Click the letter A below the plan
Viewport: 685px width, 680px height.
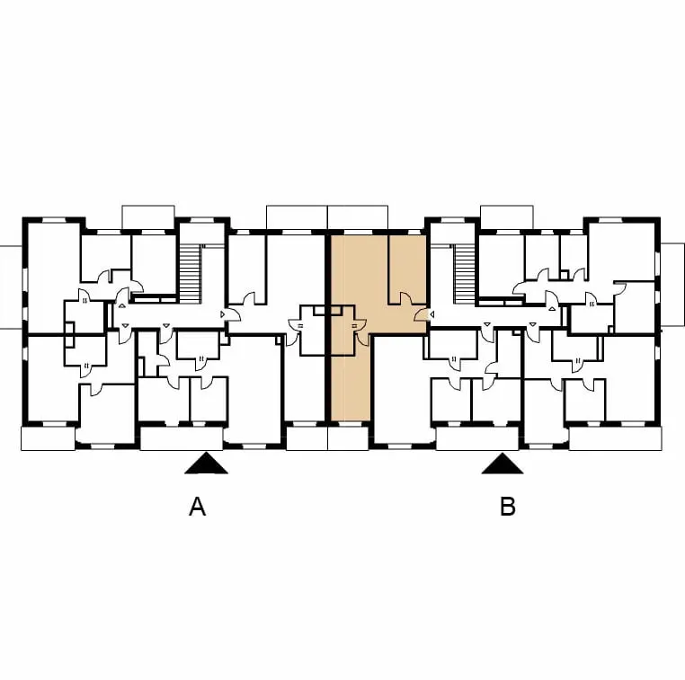tap(197, 507)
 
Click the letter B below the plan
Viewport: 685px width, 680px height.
tap(508, 507)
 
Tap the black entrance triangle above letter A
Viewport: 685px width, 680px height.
tap(206, 464)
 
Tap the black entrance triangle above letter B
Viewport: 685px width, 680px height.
tap(503, 464)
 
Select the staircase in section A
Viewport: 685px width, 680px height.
tap(190, 273)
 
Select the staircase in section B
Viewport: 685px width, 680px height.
tap(464, 273)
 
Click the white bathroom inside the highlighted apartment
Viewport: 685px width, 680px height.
tap(342, 331)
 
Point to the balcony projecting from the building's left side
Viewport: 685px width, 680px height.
tap(11, 287)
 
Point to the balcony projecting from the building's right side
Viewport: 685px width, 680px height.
tap(672, 285)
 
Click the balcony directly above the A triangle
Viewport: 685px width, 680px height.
tap(182, 438)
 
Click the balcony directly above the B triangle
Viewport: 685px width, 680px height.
tap(477, 438)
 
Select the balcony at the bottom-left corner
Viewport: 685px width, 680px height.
tap(48, 438)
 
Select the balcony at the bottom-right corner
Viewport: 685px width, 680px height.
tap(615, 438)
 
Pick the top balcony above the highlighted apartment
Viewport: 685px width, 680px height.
tap(358, 216)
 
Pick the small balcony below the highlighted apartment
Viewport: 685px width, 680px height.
tap(348, 438)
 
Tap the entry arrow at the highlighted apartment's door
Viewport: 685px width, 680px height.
tap(431, 314)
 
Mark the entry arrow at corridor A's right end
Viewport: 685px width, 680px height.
tap(222, 314)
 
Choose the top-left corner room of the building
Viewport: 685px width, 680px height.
tap(53, 278)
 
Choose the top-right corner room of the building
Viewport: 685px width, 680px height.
tap(622, 252)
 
